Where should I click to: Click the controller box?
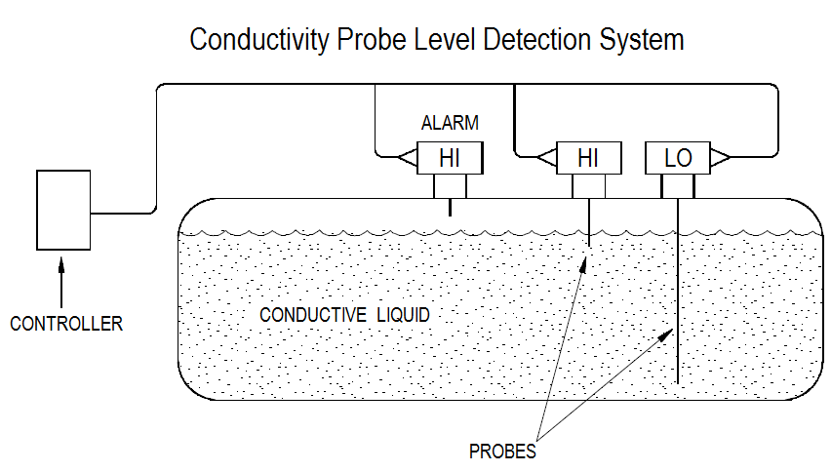point(63,210)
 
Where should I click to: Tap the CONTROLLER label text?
point(66,324)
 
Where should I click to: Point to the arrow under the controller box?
point(61,283)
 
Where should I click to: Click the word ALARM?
point(450,123)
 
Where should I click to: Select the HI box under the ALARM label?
point(450,158)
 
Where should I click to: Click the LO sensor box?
point(677,158)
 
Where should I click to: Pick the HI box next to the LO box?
point(588,158)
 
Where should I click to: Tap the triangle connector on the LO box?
point(719,157)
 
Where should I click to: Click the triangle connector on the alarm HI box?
point(408,157)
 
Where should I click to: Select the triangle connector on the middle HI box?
point(546,157)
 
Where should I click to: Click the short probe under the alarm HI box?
point(450,207)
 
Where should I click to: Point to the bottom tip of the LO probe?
point(677,383)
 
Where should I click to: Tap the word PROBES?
point(502,452)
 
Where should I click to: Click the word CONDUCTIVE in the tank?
point(313,315)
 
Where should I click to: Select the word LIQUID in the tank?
point(404,315)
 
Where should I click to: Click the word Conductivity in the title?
point(259,40)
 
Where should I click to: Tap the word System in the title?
point(642,40)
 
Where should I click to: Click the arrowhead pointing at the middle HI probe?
point(583,264)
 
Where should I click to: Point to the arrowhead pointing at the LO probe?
point(665,334)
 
